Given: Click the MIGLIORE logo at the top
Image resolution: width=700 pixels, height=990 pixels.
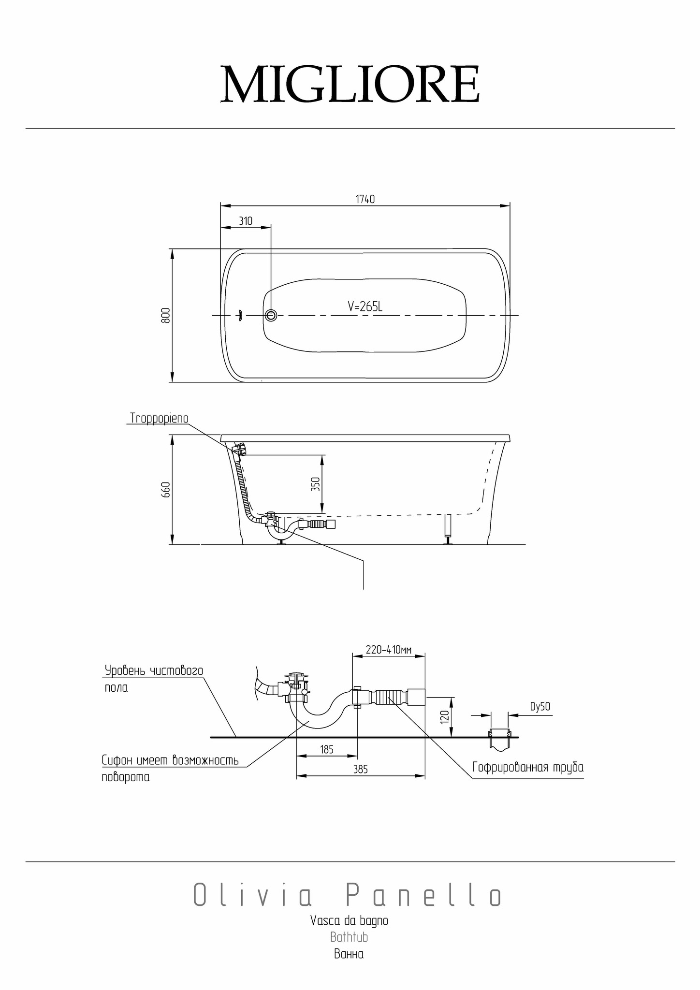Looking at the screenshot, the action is (x=350, y=84).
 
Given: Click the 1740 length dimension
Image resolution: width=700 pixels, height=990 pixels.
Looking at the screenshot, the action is (x=365, y=199).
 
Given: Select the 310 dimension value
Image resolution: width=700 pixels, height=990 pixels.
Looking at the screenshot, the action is (x=246, y=221).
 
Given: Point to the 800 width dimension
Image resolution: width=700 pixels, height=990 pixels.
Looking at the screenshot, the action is (x=165, y=316).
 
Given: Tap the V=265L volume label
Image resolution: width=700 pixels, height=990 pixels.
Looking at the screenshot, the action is (x=365, y=306).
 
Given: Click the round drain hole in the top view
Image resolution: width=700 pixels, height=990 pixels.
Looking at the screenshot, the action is (x=271, y=316).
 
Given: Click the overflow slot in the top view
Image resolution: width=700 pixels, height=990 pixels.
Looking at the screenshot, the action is (x=239, y=316).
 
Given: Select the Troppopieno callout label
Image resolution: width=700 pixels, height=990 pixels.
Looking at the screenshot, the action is (x=159, y=418).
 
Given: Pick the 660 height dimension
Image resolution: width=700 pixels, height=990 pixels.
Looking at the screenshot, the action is (x=166, y=490).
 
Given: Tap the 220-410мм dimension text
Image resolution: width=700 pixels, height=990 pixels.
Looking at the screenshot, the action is (x=388, y=650).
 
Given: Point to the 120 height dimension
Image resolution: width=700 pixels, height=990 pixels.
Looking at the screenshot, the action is (x=446, y=716).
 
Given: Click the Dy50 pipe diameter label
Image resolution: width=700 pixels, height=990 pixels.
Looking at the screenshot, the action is (x=540, y=707).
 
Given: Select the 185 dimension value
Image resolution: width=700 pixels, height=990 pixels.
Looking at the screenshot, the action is (x=327, y=750).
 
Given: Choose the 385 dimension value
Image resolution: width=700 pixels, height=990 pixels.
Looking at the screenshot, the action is (x=360, y=769).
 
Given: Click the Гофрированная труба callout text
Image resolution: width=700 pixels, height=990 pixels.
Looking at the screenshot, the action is (x=528, y=767).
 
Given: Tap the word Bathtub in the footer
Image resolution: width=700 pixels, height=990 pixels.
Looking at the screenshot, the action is (x=349, y=937).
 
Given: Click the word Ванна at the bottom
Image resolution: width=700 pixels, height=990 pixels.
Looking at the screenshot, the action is (x=349, y=954).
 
